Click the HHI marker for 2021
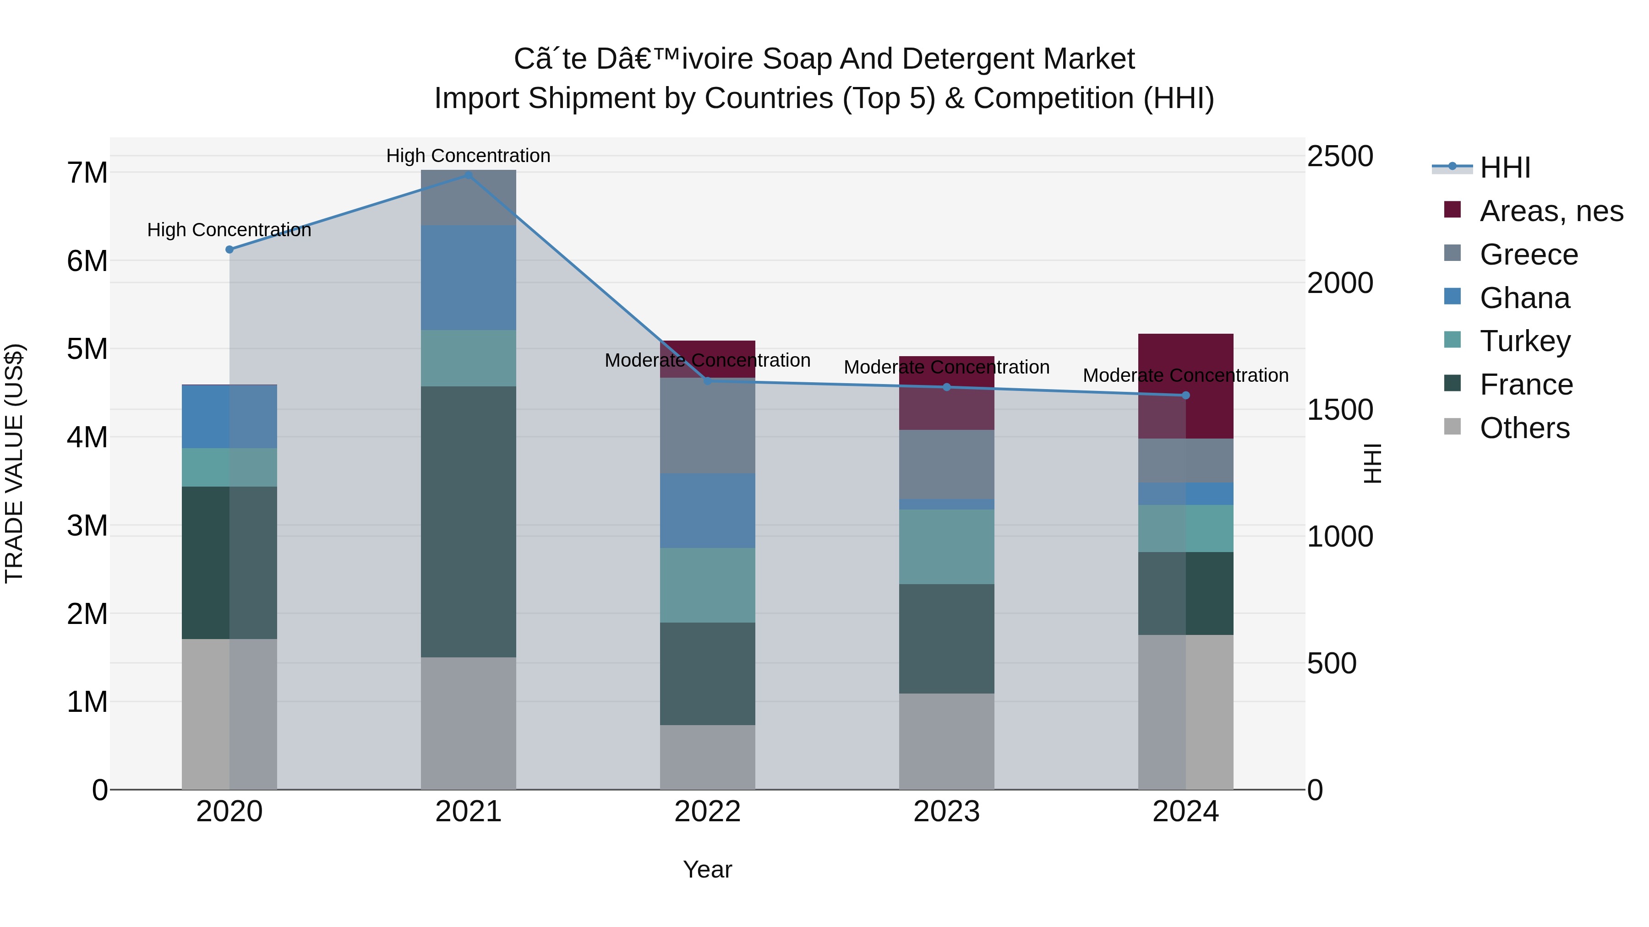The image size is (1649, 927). (469, 175)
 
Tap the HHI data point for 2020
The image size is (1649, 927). (229, 249)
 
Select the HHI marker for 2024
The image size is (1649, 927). (1185, 396)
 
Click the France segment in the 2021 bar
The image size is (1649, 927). (469, 521)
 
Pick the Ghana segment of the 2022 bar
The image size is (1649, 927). (707, 510)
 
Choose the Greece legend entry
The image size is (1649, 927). (1529, 255)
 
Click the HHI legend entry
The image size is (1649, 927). (1504, 168)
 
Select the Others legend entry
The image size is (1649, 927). (1524, 428)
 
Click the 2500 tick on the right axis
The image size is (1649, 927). (1340, 156)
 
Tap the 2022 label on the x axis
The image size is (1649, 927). (707, 812)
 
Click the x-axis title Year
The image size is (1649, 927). (707, 869)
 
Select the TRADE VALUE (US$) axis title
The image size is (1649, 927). (14, 463)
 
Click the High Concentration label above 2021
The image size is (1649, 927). (468, 156)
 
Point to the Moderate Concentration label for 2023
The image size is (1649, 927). (946, 367)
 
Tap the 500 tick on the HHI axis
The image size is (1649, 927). (1332, 663)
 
